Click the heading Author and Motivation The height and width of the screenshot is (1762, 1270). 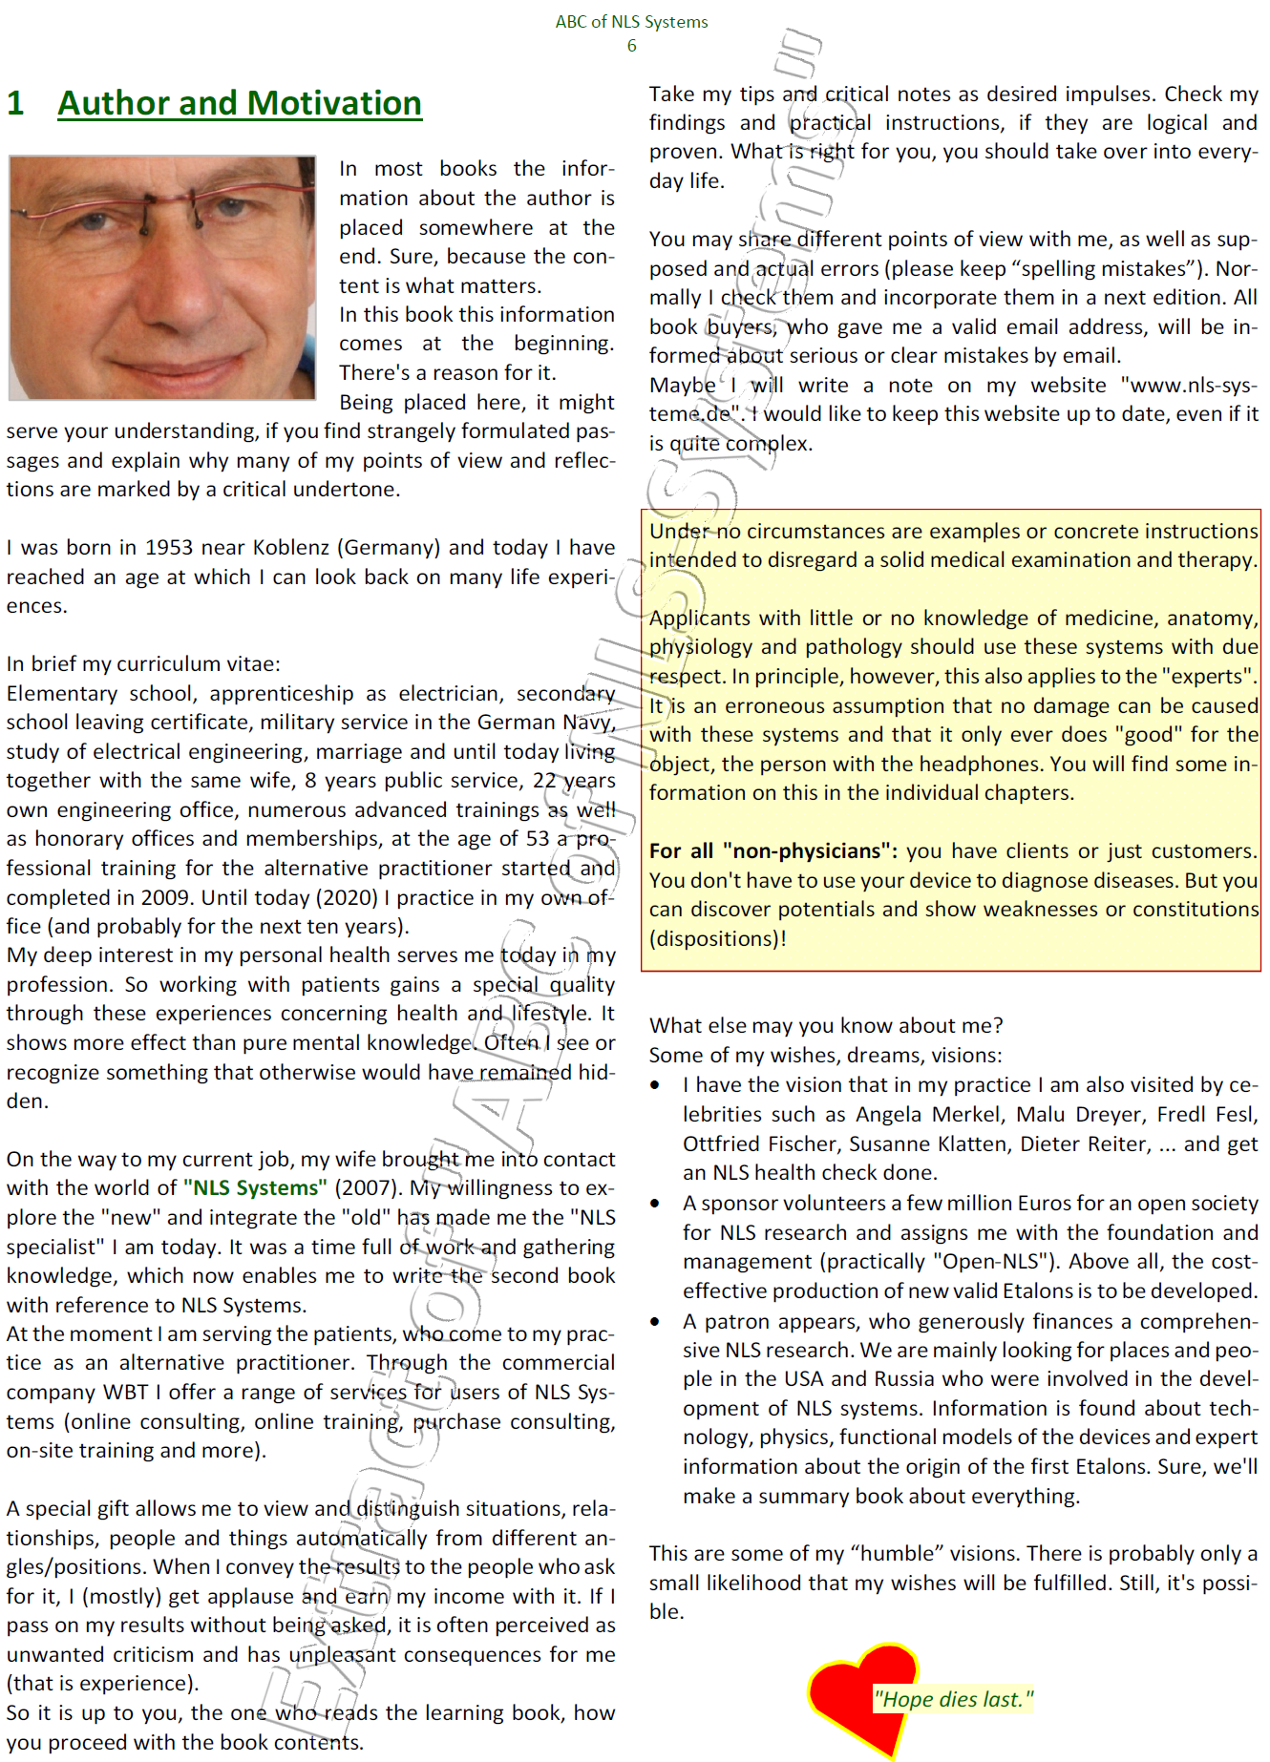239,103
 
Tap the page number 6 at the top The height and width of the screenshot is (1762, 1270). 631,46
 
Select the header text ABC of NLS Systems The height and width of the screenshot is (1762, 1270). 631,22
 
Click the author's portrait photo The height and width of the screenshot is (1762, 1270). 162,277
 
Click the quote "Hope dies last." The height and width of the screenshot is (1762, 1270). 952,1699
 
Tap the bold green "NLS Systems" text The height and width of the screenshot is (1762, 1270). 254,1188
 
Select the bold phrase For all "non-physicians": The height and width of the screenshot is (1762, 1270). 773,851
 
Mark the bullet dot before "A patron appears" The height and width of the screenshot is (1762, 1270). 655,1322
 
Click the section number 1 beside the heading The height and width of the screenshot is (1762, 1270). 15,103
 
